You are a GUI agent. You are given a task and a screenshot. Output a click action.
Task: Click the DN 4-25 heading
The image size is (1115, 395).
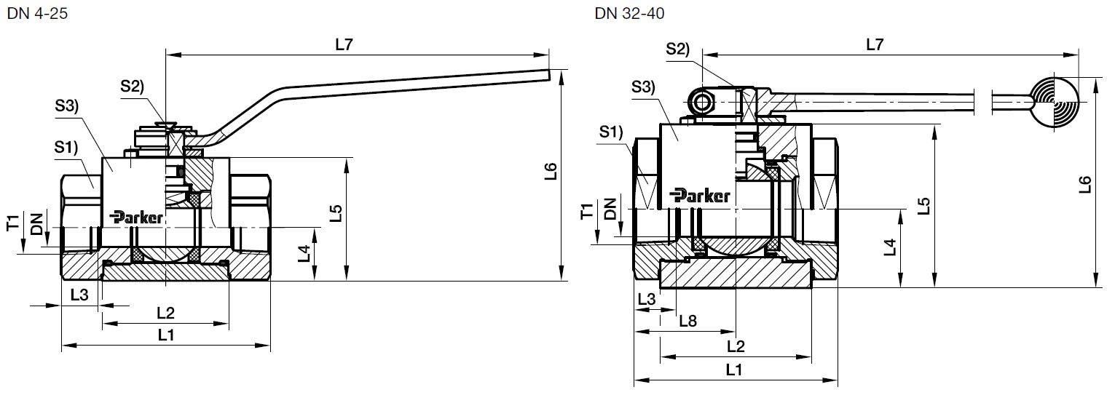click(36, 13)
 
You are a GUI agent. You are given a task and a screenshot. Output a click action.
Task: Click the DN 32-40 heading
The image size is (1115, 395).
click(629, 13)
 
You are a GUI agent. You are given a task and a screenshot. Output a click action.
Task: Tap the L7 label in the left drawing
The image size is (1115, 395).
click(344, 44)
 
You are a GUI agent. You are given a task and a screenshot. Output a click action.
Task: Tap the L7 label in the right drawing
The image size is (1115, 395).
click(875, 44)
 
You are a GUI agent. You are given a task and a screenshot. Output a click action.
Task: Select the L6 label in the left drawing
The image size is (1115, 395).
click(551, 172)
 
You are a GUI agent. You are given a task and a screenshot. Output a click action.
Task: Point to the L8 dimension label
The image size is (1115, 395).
click(687, 320)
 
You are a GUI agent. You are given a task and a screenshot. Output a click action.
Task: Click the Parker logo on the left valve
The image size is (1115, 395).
click(137, 217)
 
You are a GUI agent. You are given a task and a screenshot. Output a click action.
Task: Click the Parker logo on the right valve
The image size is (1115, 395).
click(700, 195)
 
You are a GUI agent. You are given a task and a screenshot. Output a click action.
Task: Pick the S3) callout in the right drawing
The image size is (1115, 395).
click(643, 87)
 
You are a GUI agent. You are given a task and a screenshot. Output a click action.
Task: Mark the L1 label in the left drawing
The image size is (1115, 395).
click(166, 335)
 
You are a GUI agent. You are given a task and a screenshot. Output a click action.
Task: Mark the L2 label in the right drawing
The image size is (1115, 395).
click(736, 345)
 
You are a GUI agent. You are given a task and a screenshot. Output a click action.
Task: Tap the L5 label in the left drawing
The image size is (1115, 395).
click(335, 212)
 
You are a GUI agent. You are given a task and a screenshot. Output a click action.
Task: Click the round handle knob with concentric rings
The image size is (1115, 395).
click(1054, 101)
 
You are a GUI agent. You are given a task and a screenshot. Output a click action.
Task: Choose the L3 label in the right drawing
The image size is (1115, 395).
click(647, 298)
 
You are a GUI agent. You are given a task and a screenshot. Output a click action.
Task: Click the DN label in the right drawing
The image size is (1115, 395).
click(610, 209)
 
